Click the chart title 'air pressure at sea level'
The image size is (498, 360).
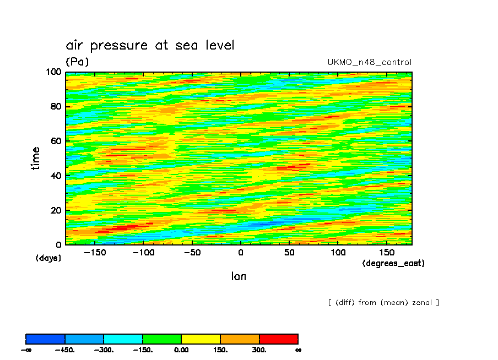pyautogui.click(x=150, y=45)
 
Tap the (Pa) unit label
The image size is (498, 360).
pyautogui.click(x=77, y=62)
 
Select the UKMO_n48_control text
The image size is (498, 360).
pyautogui.click(x=369, y=62)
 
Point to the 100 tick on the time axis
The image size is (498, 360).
pyautogui.click(x=55, y=72)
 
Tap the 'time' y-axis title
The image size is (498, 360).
pyautogui.click(x=36, y=158)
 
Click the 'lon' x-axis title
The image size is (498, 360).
pyautogui.click(x=239, y=276)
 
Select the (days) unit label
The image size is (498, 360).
pyautogui.click(x=48, y=258)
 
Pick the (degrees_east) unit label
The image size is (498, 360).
pyautogui.click(x=393, y=263)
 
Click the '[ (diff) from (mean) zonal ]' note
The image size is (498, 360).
pyautogui.click(x=383, y=302)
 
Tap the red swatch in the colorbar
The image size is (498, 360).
pyautogui.click(x=278, y=339)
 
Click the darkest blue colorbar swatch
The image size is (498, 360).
pyautogui.click(x=46, y=339)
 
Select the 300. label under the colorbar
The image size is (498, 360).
pyautogui.click(x=259, y=350)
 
